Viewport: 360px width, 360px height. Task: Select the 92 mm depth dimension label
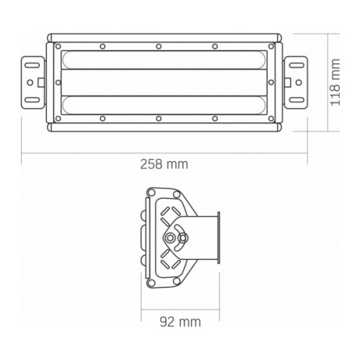pyautogui.click(x=181, y=318)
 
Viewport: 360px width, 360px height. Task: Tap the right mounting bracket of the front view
pyautogui.click(x=296, y=84)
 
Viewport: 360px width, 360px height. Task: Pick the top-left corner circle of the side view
pyautogui.click(x=152, y=193)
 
